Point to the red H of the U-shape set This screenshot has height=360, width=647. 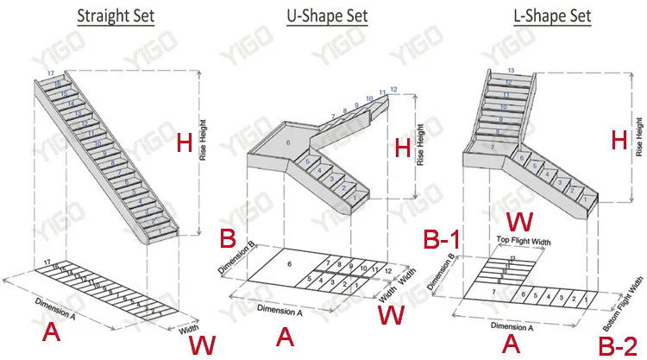click(x=402, y=148)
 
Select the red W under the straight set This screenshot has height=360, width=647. click(x=203, y=345)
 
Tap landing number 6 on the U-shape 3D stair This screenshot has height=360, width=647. click(x=288, y=142)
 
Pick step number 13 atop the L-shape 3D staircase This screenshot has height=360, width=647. click(x=512, y=70)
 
